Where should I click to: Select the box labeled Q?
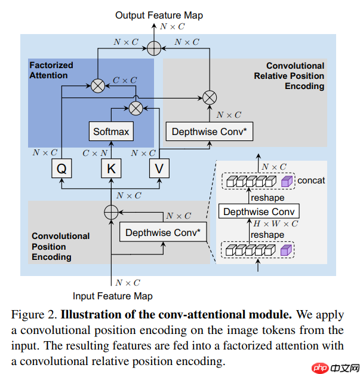61,169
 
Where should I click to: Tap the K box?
110,169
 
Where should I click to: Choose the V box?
159,169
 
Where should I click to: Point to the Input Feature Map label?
113,296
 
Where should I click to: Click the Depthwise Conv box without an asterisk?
259,211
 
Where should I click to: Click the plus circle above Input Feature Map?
111,211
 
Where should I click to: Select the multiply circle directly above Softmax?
136,108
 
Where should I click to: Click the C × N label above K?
95,153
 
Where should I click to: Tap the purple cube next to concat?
287,180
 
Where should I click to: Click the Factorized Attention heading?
51,70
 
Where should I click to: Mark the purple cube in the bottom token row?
287,250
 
